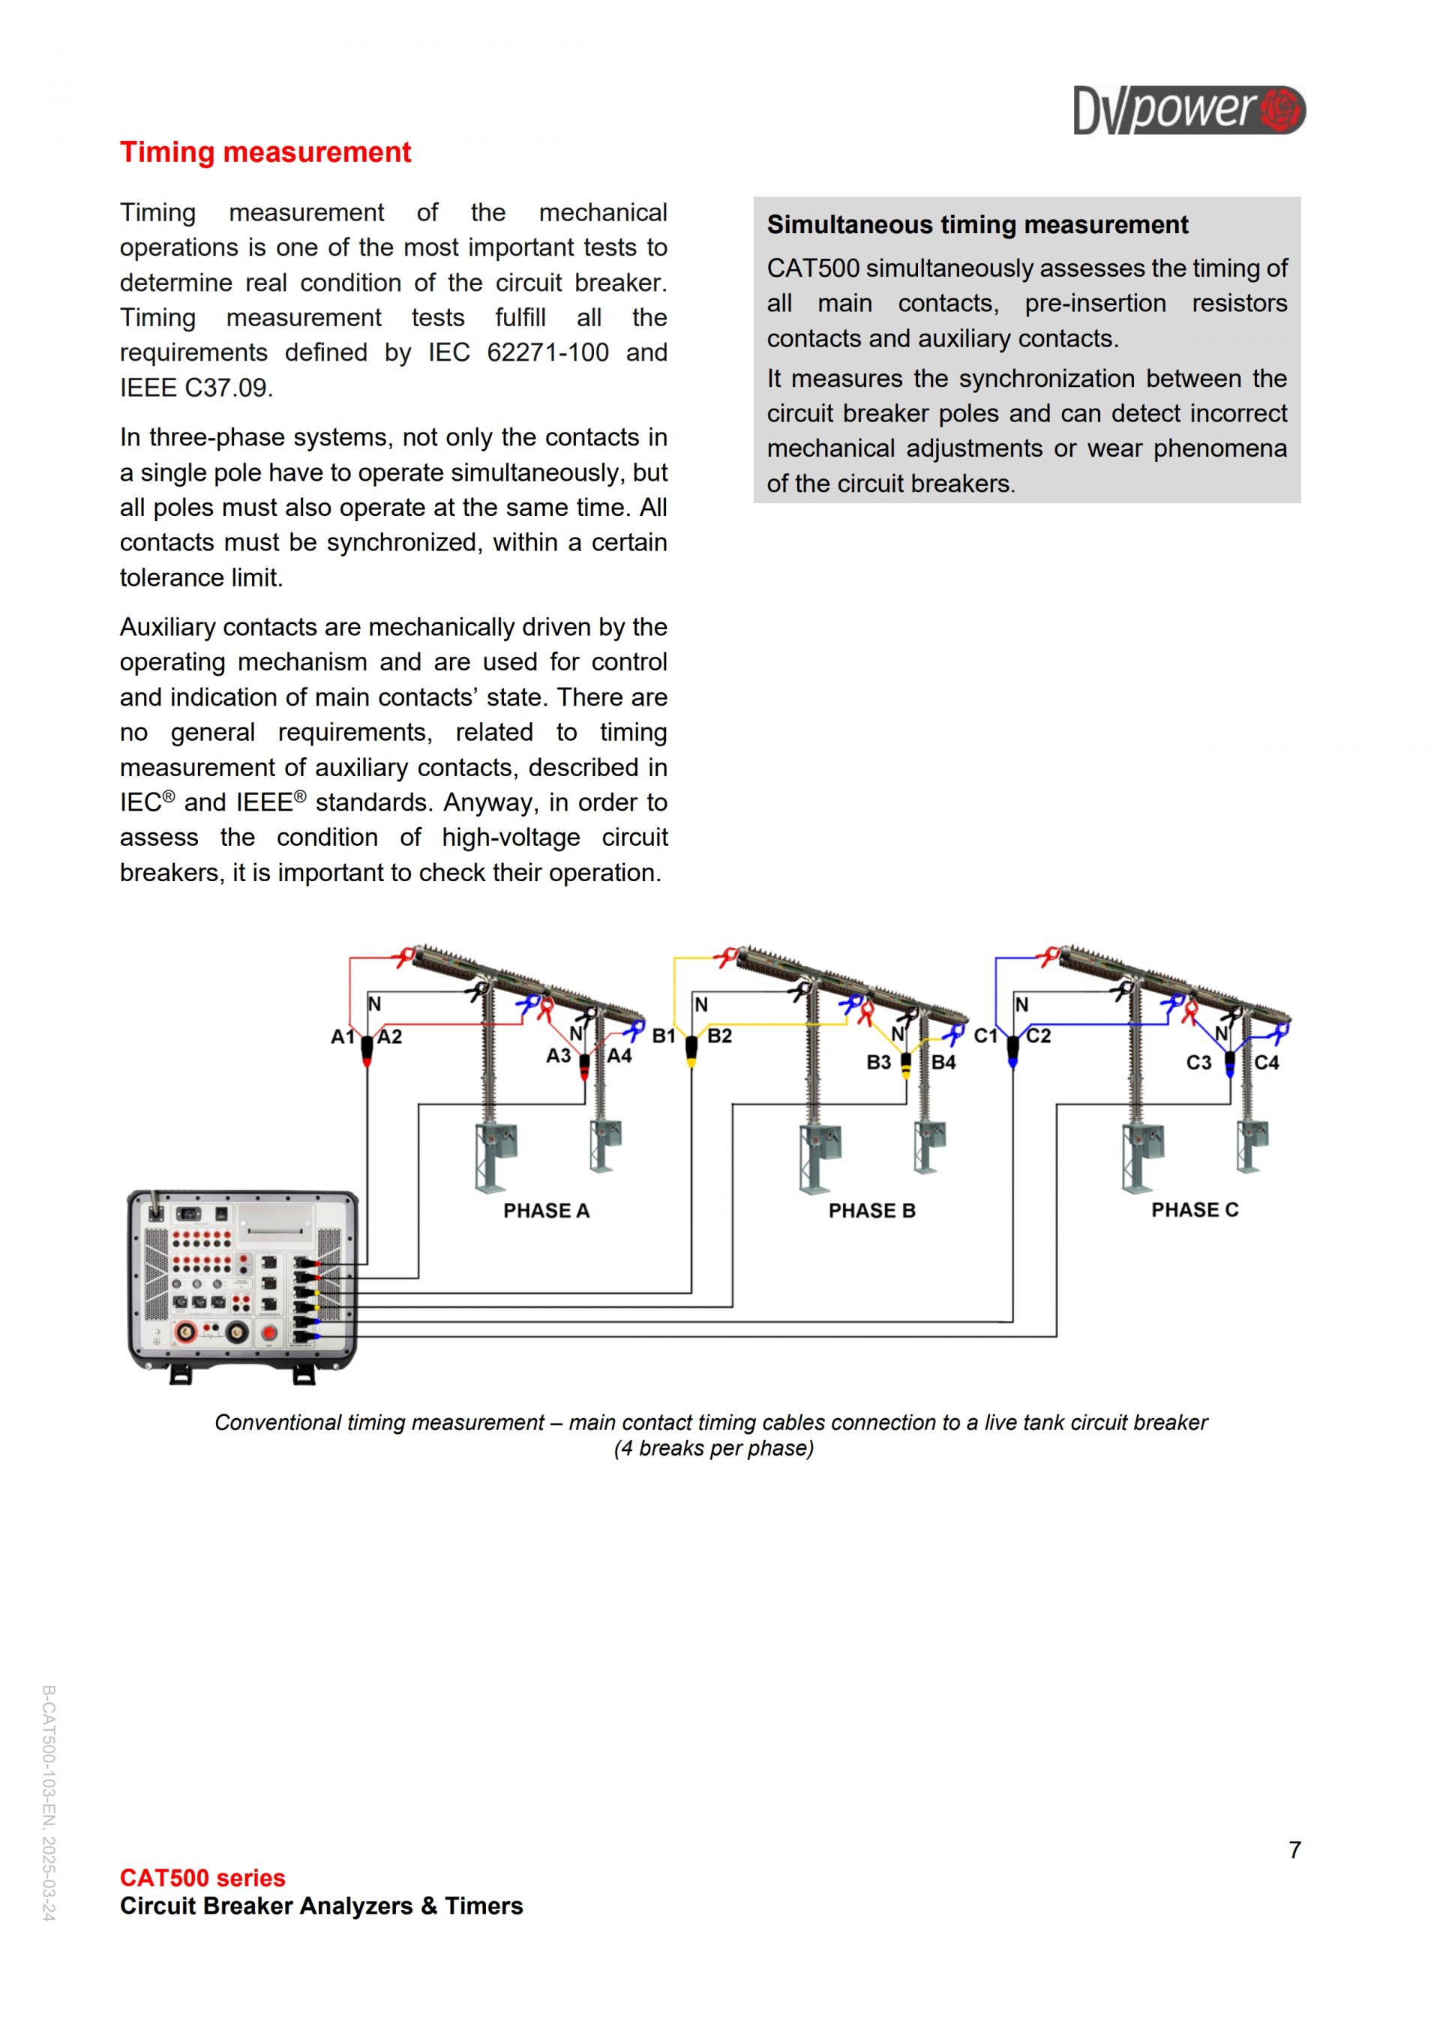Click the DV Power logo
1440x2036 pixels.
[1188, 110]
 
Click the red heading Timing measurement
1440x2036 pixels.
[265, 152]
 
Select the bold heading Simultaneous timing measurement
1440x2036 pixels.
[977, 225]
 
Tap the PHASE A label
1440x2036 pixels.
[546, 1210]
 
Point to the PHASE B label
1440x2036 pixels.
[871, 1210]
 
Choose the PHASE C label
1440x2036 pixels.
[1195, 1210]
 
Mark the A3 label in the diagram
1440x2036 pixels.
[558, 1056]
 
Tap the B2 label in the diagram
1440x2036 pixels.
[719, 1036]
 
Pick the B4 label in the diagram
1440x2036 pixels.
[943, 1063]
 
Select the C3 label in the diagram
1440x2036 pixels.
[1198, 1063]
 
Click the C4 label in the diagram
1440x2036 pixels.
[1266, 1063]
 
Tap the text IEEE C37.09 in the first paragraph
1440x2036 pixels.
[195, 388]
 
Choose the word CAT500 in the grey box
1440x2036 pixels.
[812, 268]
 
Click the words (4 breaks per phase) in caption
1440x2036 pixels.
[713, 1448]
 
